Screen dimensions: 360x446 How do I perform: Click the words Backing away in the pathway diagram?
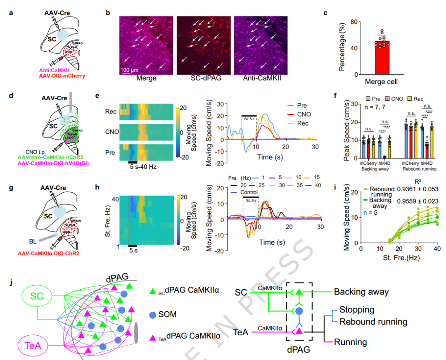[361, 292]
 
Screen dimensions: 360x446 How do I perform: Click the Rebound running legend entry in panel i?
[382, 192]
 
